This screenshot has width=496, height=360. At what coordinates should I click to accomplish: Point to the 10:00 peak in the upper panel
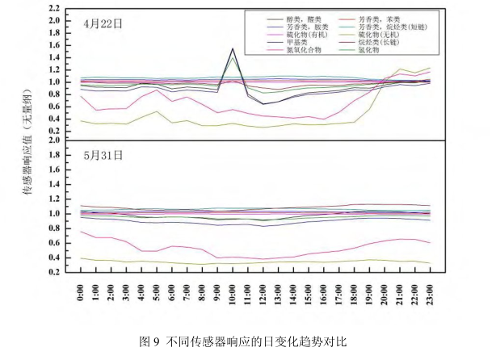coord(233,49)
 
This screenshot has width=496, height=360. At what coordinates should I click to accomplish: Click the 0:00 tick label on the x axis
coord(82,292)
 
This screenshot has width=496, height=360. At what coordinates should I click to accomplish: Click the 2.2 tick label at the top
coord(55,9)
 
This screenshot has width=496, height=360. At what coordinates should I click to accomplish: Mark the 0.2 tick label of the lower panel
coord(55,272)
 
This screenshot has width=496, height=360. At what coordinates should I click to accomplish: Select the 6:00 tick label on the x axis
coord(173,292)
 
